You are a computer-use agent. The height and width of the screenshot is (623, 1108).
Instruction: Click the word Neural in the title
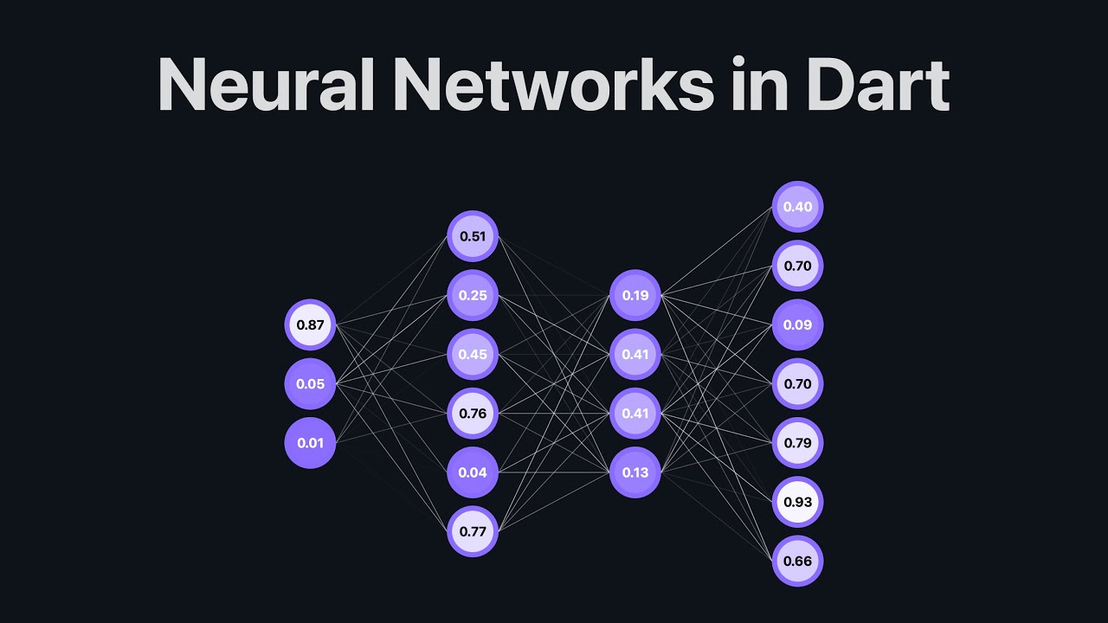tap(264, 87)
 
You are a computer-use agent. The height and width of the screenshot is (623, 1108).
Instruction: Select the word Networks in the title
tap(553, 87)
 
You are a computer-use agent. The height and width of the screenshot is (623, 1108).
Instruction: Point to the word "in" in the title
tap(758, 87)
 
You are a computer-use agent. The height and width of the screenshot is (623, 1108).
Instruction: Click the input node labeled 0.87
tap(310, 325)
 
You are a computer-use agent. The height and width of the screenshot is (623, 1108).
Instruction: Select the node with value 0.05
tap(310, 384)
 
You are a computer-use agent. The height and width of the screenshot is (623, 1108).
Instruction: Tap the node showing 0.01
tap(310, 443)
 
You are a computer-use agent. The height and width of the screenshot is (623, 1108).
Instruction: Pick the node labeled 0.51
tap(473, 236)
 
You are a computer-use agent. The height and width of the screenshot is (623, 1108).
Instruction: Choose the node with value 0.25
tap(473, 295)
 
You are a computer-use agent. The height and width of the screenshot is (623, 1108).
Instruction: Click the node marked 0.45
tap(473, 354)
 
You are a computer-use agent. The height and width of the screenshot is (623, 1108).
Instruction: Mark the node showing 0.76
tap(473, 414)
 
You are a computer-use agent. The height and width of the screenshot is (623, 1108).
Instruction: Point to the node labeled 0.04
tap(473, 472)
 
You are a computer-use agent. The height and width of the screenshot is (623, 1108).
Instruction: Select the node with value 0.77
tap(473, 531)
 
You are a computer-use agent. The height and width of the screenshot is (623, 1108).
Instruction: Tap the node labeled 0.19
tap(635, 295)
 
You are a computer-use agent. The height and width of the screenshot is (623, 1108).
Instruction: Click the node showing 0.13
tap(635, 472)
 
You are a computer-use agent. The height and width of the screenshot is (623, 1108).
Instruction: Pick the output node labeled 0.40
tap(797, 207)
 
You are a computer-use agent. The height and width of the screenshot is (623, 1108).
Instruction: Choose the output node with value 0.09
tap(797, 325)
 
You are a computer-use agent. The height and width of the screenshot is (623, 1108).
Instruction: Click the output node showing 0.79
tap(797, 443)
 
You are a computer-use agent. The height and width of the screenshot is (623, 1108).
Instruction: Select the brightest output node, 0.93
tap(797, 502)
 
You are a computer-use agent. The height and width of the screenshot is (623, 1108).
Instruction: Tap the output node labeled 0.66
tap(797, 561)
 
